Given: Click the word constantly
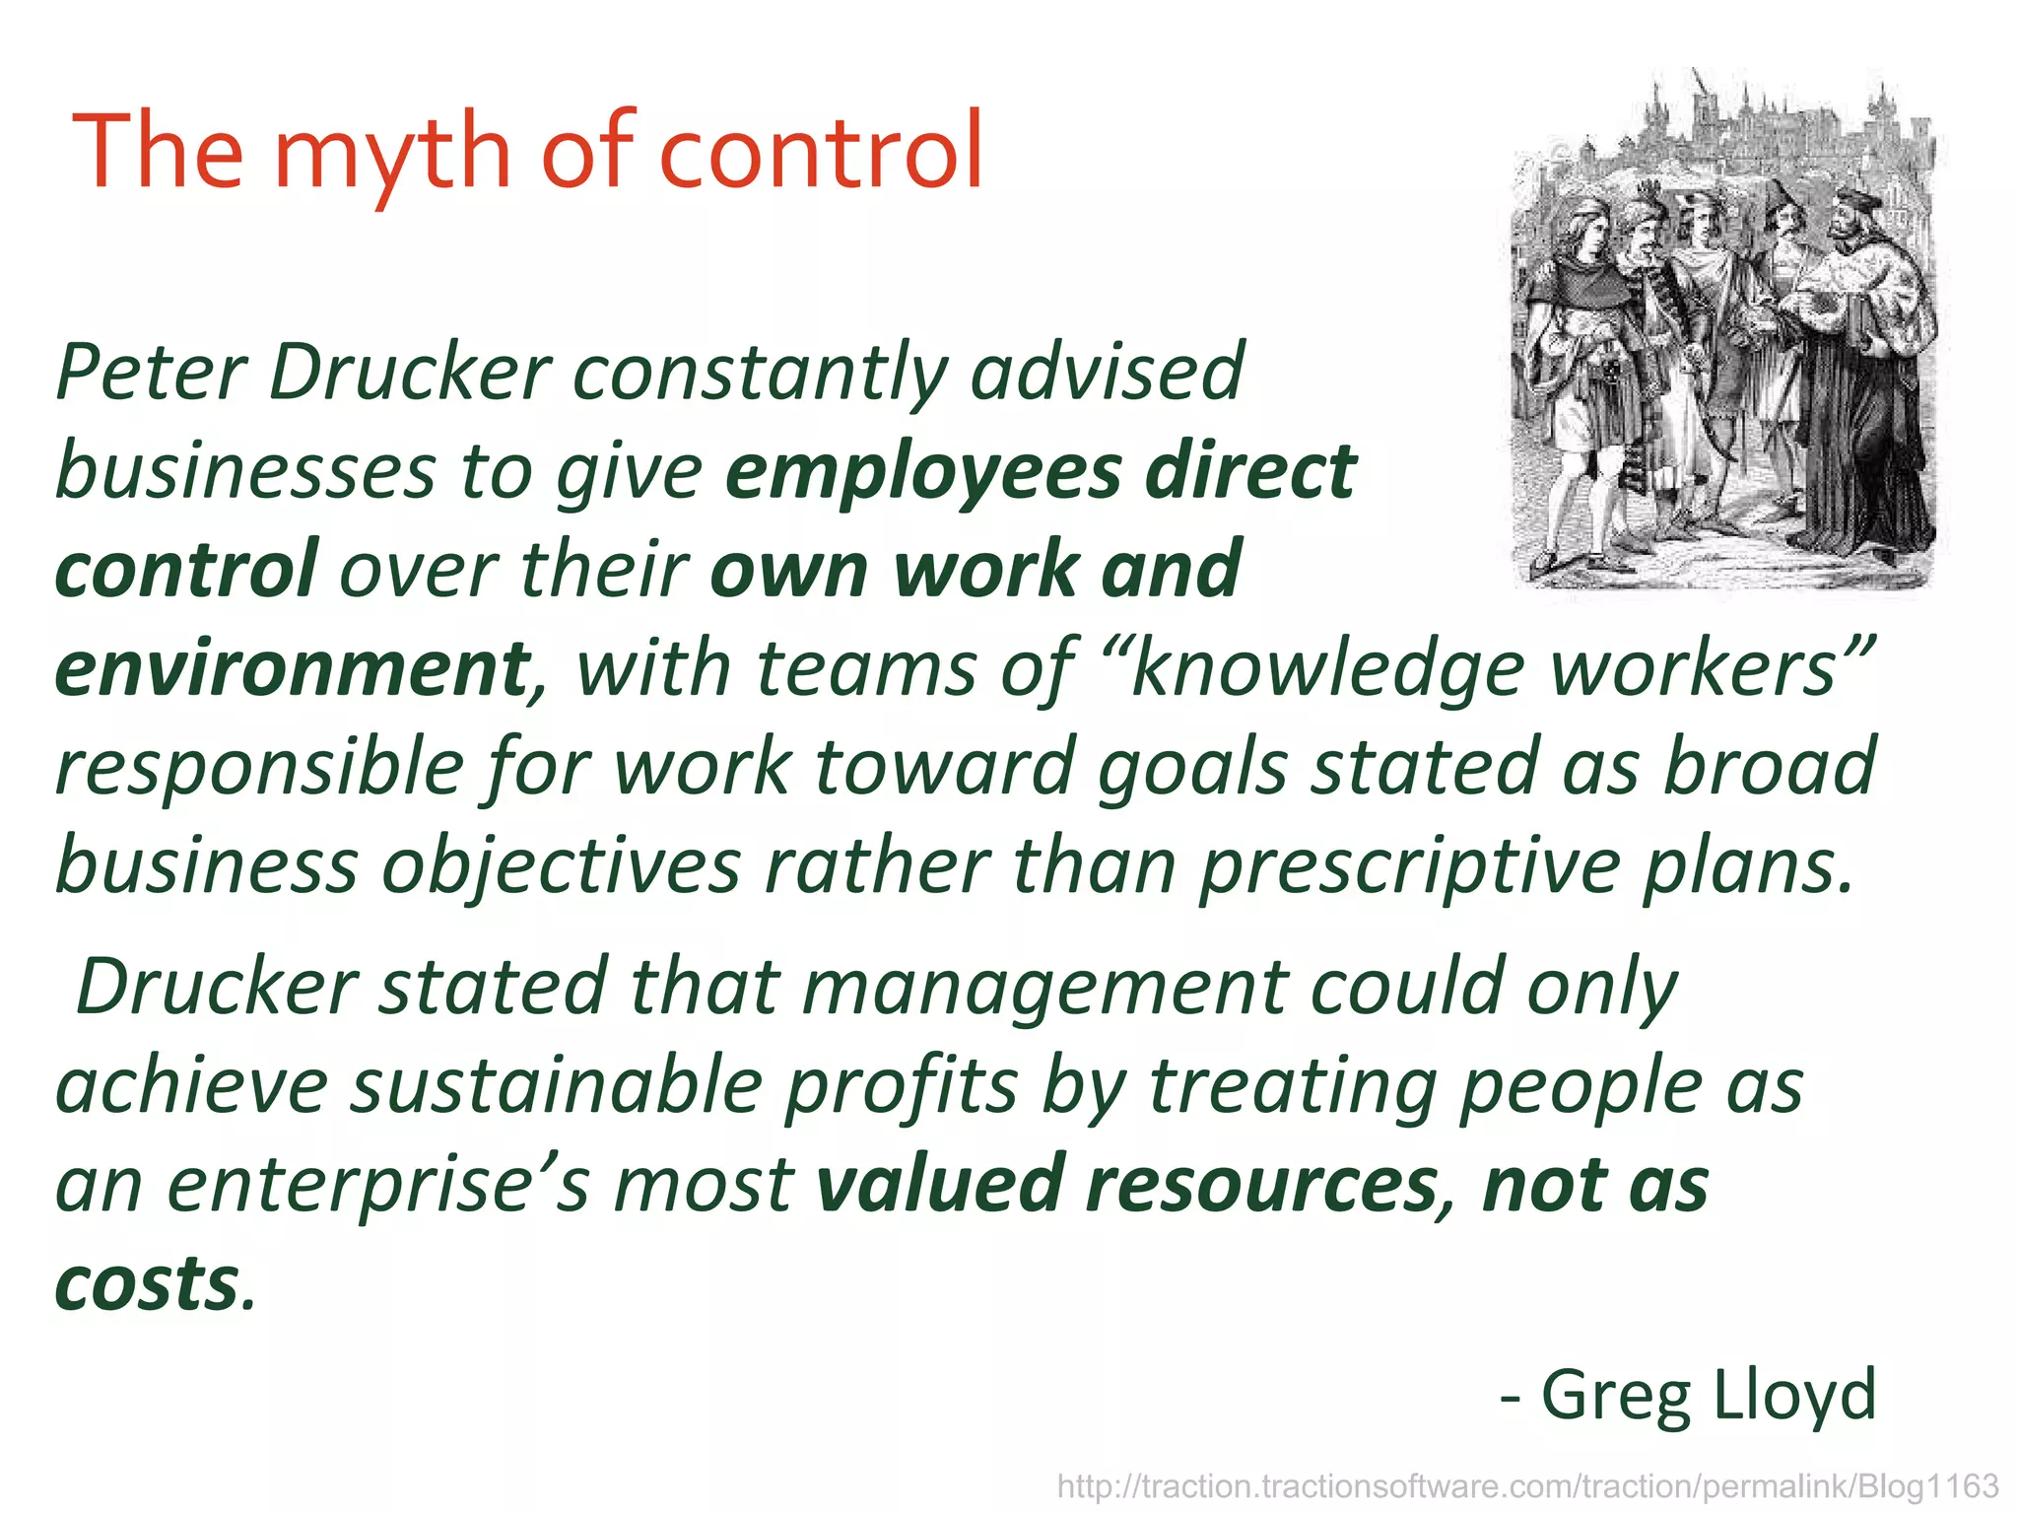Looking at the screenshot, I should [x=760, y=375].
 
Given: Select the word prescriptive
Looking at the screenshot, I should [x=1409, y=867].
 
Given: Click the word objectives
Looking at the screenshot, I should [x=561, y=867].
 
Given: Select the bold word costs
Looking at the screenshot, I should [x=147, y=1283].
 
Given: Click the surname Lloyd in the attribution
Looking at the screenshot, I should [x=1793, y=1394].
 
